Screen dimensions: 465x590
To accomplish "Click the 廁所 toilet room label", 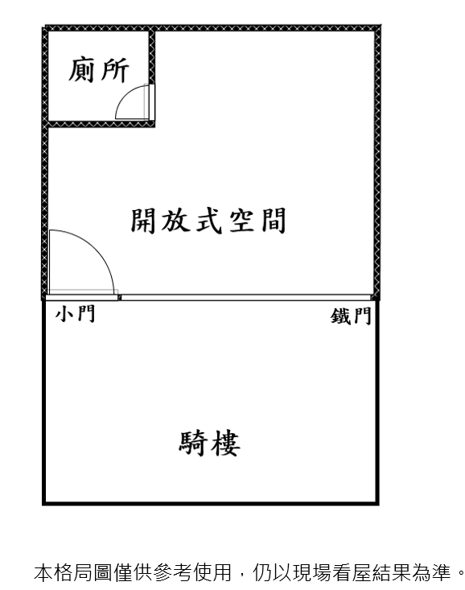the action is (99, 70).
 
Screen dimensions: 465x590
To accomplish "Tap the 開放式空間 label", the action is (208, 221).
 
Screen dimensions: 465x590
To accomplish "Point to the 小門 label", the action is (76, 313).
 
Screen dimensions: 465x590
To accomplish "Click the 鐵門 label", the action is (352, 316).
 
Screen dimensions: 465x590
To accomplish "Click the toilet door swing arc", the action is (125, 96).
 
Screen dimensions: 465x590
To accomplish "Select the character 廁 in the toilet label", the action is (82, 70).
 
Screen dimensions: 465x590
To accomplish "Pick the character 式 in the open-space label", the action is (208, 221).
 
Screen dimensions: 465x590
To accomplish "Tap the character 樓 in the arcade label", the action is (225, 444).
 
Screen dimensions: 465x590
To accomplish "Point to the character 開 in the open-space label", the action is (143, 221).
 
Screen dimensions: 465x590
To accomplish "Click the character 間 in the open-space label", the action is (274, 221).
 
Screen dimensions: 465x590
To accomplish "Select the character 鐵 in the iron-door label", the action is (340, 316).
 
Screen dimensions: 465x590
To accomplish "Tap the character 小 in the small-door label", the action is (64, 313).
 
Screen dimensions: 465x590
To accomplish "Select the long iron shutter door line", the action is (246, 298).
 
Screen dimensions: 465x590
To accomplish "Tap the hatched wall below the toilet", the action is (101, 124).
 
